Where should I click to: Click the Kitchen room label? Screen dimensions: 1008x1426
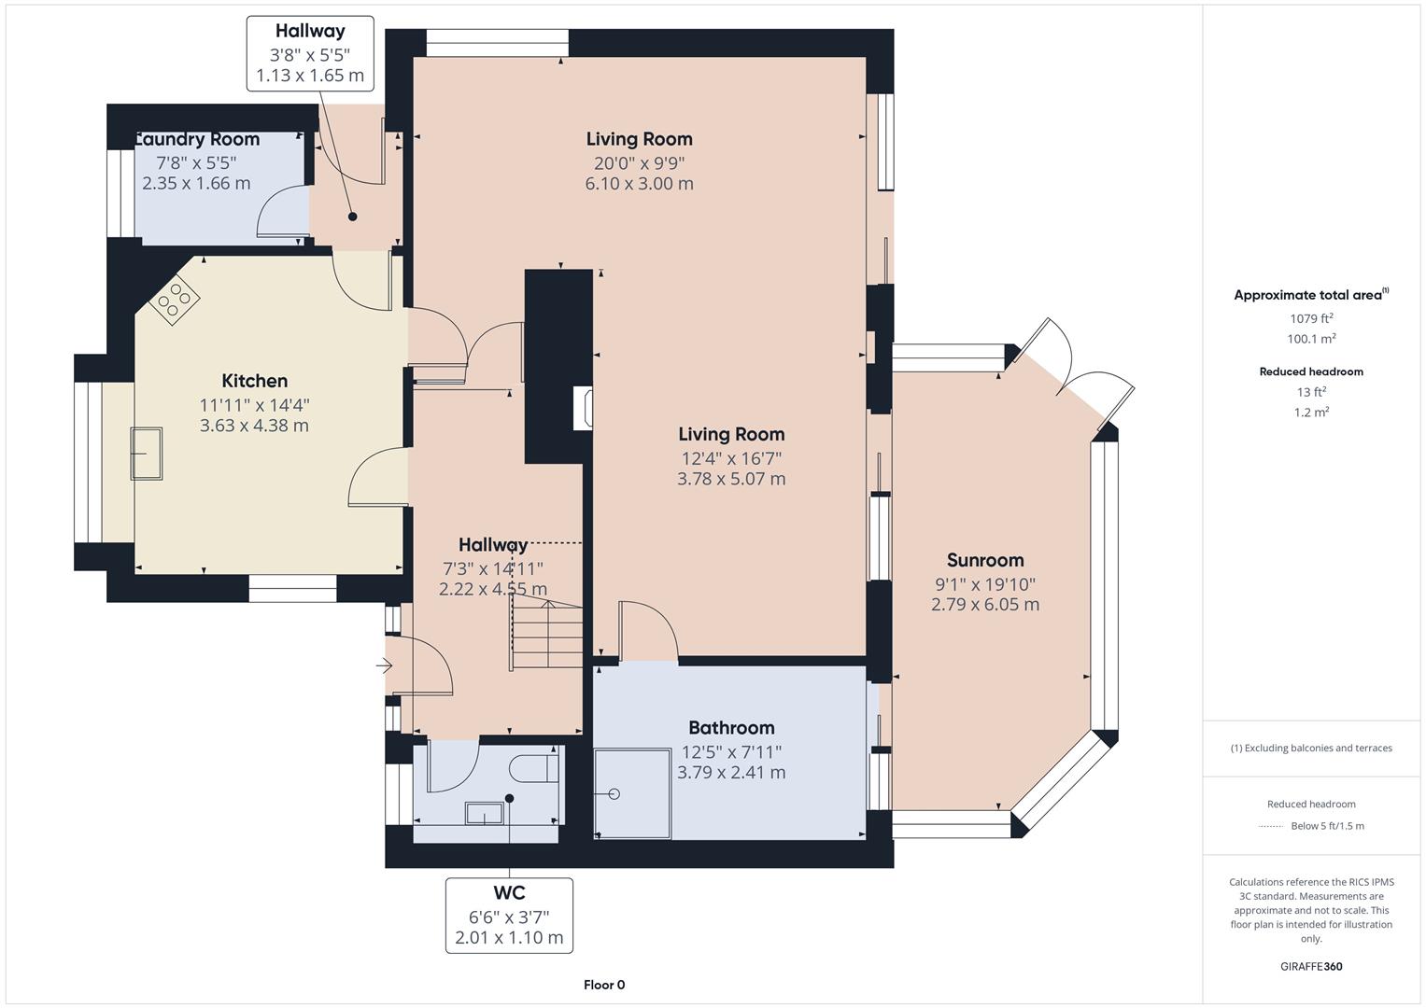pos(254,381)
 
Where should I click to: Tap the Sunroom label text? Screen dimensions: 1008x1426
pos(985,560)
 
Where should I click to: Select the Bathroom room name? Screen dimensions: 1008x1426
pos(731,728)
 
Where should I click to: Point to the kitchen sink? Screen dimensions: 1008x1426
pos(147,453)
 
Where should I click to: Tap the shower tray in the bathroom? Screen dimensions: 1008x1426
pos(633,792)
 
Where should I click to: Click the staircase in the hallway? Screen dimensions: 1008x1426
pos(546,635)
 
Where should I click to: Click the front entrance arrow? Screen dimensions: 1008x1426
pos(384,665)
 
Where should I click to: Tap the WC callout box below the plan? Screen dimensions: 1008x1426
pos(509,915)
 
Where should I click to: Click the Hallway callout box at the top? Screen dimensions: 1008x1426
pos(310,53)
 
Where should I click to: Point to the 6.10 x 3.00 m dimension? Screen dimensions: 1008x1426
pos(639,184)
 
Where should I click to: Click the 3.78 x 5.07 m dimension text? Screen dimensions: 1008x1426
pos(731,479)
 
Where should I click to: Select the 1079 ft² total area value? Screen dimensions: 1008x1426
pos(1311,318)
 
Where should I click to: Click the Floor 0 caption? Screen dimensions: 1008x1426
pos(604,985)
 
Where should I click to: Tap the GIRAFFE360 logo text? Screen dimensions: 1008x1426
pos(1311,966)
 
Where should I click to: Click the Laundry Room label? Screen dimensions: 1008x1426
pos(198,140)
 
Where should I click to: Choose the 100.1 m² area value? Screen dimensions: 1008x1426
pos(1311,340)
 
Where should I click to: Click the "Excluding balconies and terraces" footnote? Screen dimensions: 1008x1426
pos(1311,748)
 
